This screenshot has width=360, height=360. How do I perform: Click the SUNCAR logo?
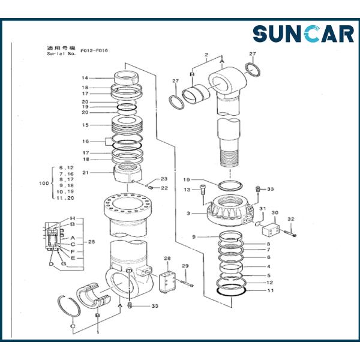coord(303,34)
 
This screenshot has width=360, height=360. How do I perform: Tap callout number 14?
coord(85,78)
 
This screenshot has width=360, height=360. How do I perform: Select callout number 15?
coord(85,125)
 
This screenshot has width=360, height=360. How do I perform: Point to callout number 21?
coord(85,173)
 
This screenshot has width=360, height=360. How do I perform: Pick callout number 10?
coord(187,179)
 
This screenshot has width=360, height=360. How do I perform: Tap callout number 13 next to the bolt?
coord(187,190)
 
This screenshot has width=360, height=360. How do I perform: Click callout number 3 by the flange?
coord(188,213)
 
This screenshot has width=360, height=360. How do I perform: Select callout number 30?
coord(275,212)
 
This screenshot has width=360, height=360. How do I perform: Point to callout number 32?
coord(291,219)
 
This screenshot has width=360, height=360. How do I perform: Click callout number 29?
coord(185,266)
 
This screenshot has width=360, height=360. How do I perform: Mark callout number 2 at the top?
coord(206,55)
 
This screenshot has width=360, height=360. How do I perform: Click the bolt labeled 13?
coord(203,194)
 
